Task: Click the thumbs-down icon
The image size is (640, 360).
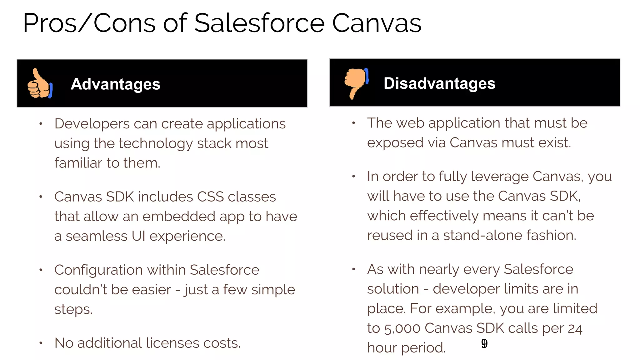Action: tap(356, 83)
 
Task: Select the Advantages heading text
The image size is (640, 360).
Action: tap(115, 84)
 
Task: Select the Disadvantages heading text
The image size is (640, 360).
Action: tap(439, 83)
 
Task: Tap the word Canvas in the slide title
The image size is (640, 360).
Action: tap(377, 23)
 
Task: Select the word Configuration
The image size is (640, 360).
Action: tap(98, 270)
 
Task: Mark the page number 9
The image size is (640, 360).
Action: tap(484, 344)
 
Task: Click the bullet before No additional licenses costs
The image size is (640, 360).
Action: tap(41, 343)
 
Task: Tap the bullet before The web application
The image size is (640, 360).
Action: tap(353, 123)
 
